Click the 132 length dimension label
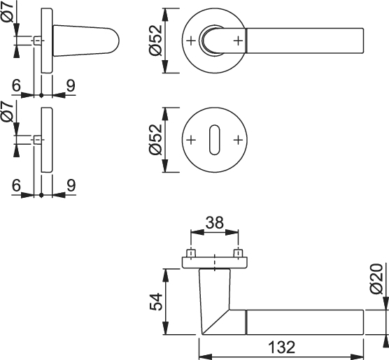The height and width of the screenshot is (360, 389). [282, 347]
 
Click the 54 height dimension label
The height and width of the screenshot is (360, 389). [156, 302]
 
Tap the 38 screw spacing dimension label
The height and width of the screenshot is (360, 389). [215, 223]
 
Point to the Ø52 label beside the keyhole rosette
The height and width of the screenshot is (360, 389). [155, 140]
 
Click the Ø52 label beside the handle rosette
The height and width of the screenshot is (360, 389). [155, 41]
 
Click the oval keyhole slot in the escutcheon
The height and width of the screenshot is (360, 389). [215, 140]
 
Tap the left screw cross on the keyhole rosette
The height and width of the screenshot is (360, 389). [191, 140]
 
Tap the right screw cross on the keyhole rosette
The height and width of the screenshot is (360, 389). [238, 140]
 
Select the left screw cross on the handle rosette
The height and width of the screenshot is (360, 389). [191, 41]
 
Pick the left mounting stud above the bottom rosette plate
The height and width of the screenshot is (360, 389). [191, 254]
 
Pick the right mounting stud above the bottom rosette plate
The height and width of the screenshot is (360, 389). [239, 254]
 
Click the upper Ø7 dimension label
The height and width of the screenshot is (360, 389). [8, 11]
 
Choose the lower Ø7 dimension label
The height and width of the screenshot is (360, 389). [8, 112]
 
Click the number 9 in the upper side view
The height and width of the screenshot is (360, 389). [71, 86]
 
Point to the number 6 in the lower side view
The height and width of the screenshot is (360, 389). [16, 185]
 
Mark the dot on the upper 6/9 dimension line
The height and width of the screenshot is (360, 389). [41, 95]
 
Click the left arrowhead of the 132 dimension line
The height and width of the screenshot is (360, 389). [206, 357]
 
